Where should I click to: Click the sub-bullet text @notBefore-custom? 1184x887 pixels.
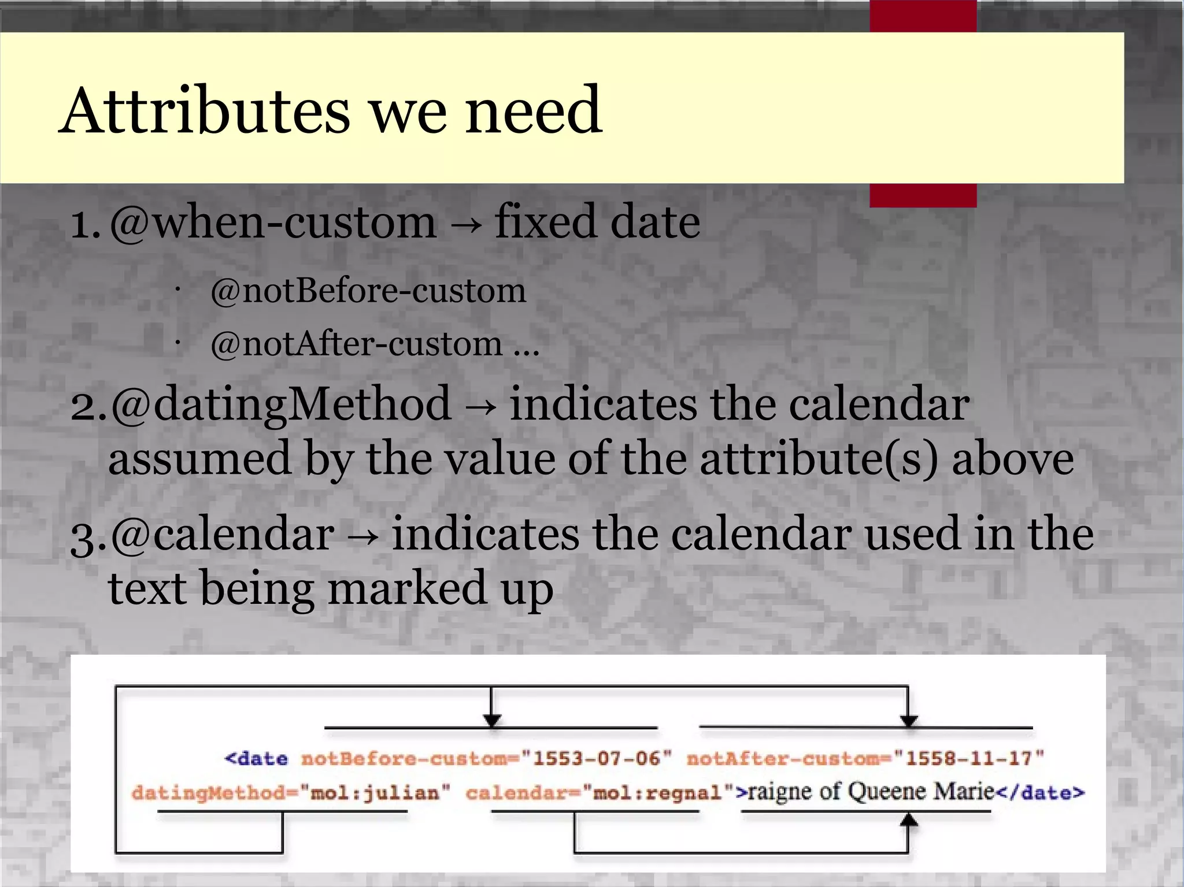[x=368, y=291]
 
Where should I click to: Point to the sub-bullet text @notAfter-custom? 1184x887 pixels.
[x=357, y=344]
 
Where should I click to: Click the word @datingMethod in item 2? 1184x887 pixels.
[x=280, y=404]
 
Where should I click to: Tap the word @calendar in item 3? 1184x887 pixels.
[x=222, y=535]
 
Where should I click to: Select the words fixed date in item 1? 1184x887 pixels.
[x=597, y=222]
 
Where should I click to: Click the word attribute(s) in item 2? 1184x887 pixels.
[x=818, y=458]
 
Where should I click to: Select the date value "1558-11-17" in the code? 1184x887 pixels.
[x=969, y=758]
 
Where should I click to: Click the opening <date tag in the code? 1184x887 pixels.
[x=256, y=758]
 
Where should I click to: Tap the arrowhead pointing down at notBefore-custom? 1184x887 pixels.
[x=491, y=720]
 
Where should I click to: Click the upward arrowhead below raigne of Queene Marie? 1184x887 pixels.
[x=909, y=819]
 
